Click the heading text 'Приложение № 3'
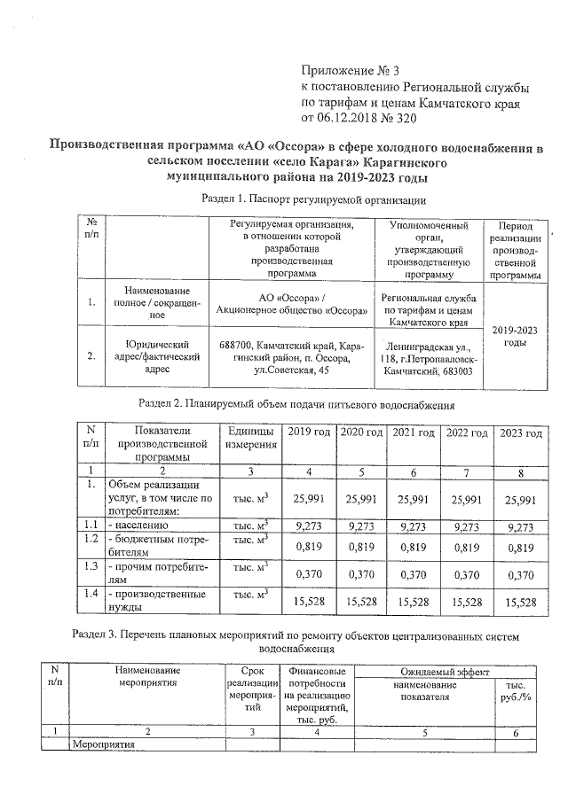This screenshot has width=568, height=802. [351, 69]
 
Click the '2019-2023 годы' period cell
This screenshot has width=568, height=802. [509, 335]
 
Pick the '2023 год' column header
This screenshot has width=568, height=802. [520, 432]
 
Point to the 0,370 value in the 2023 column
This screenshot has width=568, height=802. [520, 574]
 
